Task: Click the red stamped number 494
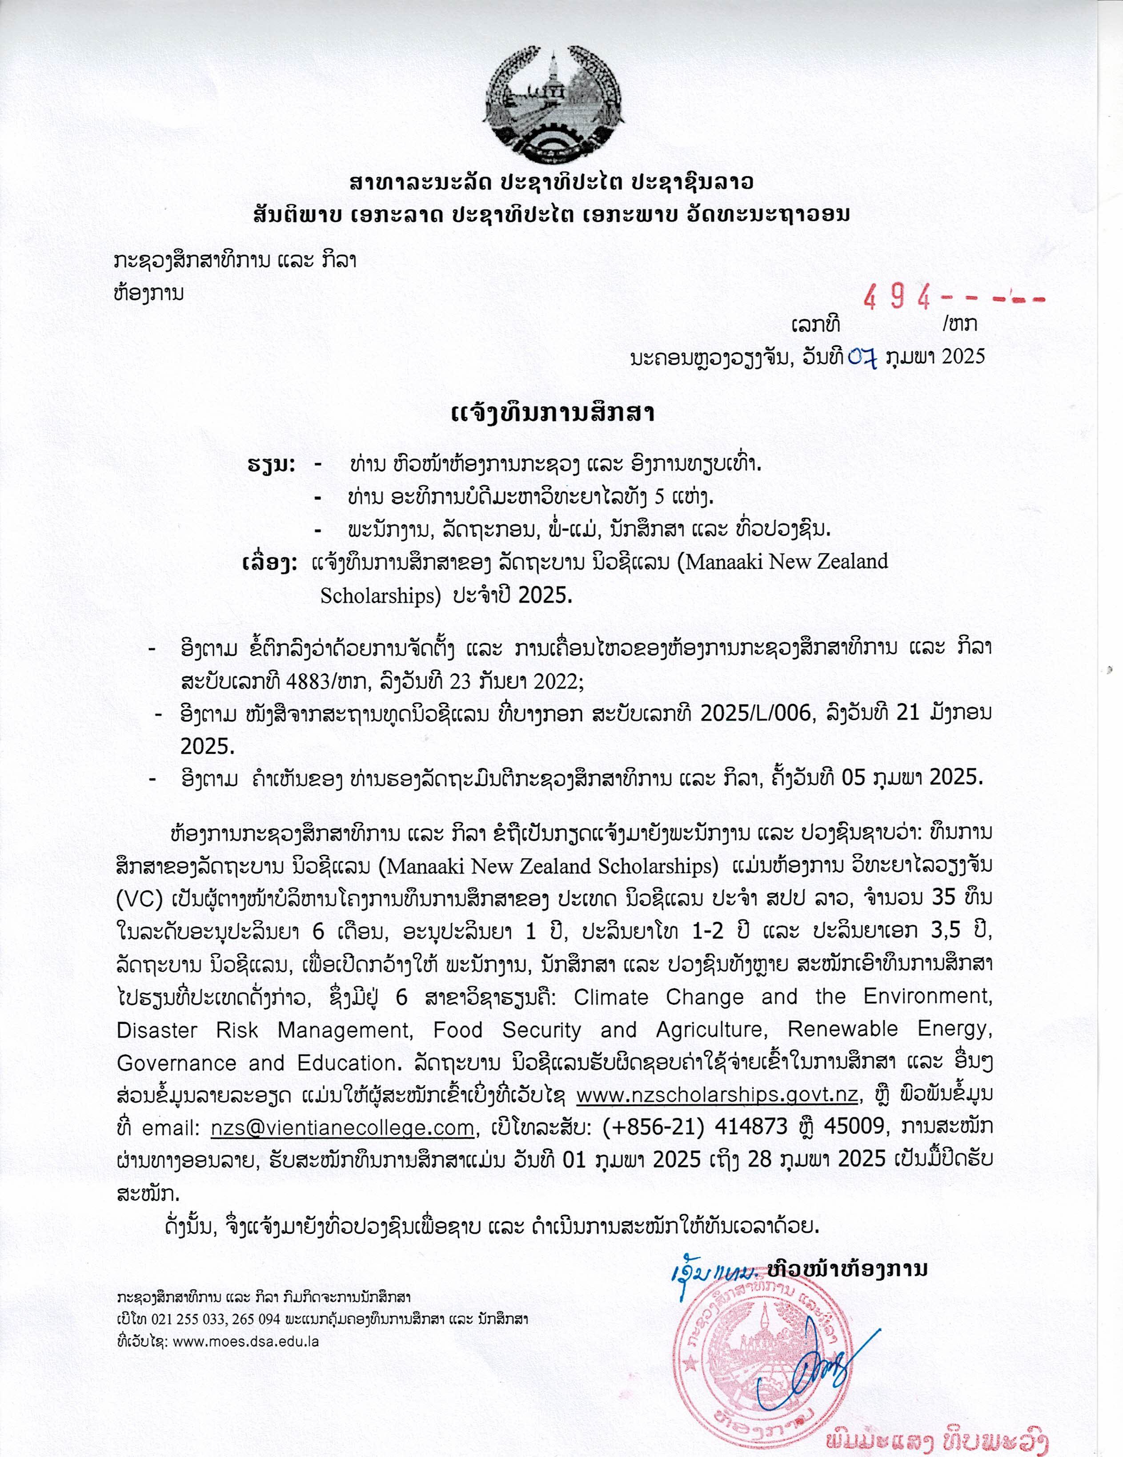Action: pos(897,298)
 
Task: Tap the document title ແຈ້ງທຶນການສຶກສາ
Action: pos(553,413)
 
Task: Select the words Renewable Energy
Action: pos(890,1031)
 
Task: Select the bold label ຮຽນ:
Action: pos(271,464)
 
